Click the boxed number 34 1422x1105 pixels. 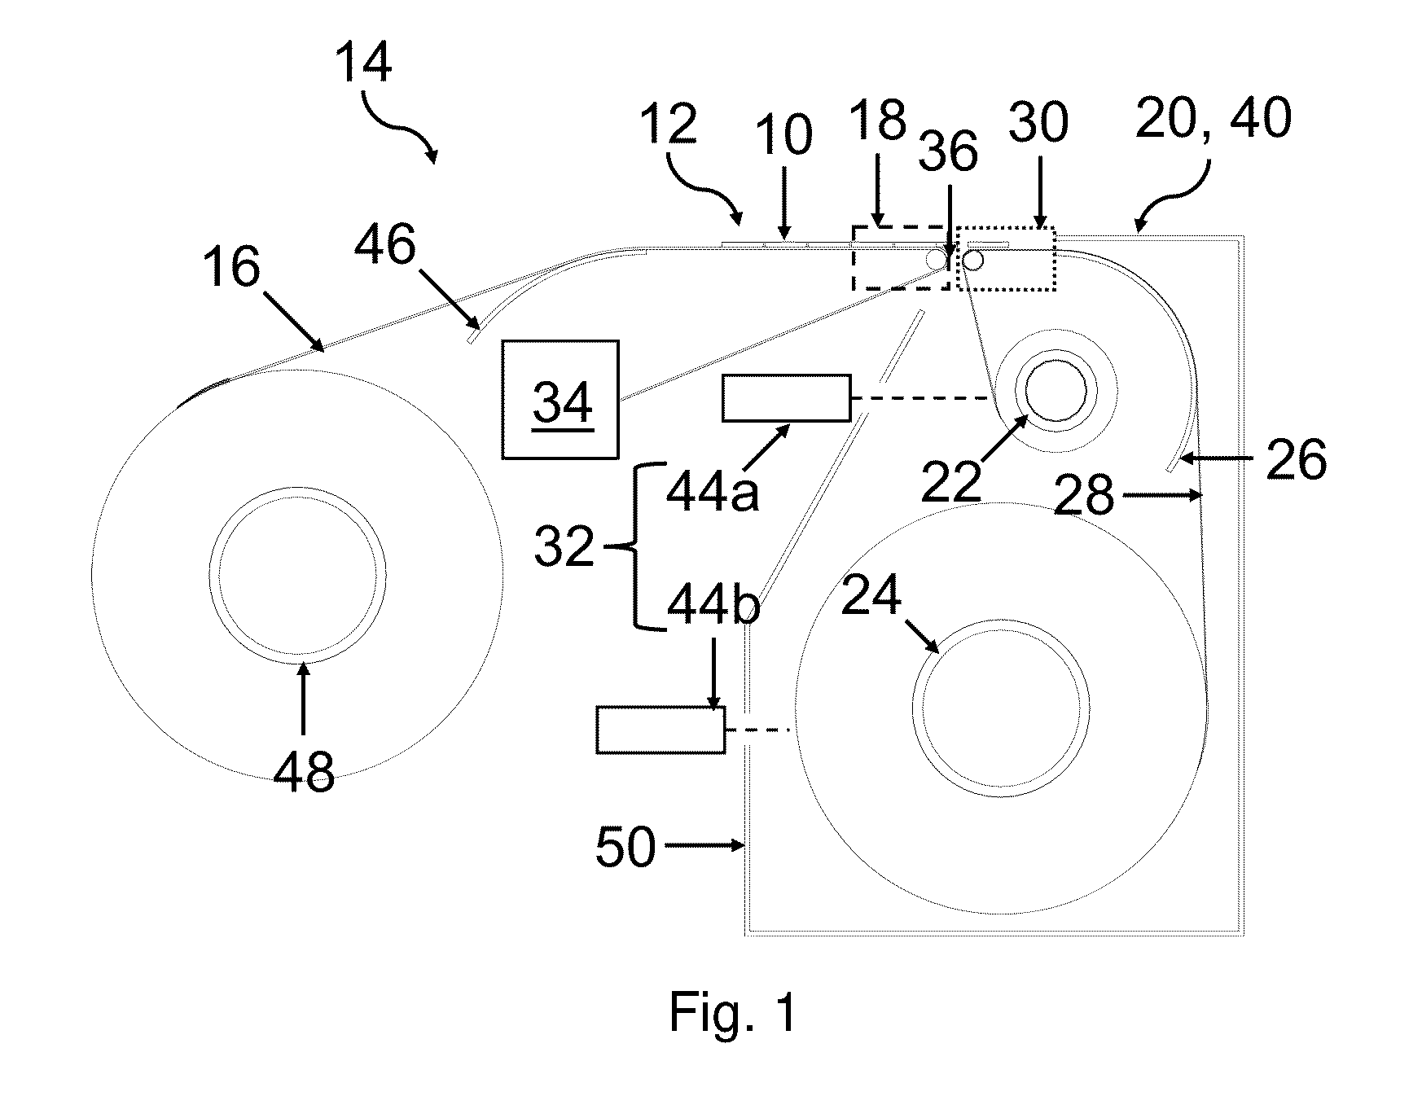562,402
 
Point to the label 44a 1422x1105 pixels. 713,490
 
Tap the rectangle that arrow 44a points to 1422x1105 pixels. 786,398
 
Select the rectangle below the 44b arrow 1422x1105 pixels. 661,730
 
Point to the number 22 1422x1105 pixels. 952,482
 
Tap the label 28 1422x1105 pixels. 1083,494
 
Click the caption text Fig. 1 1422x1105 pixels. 733,1011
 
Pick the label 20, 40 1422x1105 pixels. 1214,118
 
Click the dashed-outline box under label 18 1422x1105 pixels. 901,257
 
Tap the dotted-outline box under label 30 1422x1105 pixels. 1006,259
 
